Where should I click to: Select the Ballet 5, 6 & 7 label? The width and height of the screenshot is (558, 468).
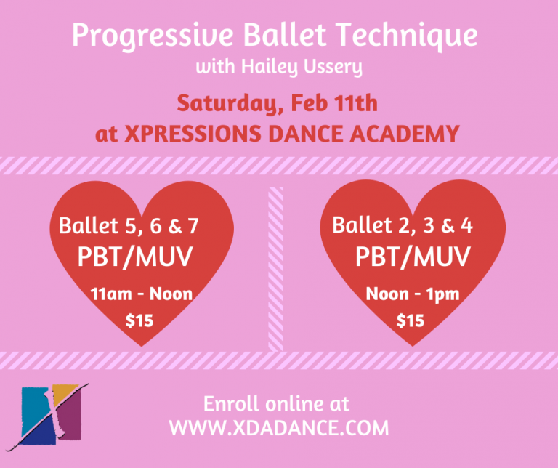coord(129,227)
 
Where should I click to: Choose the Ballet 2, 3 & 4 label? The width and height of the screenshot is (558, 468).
coord(403,225)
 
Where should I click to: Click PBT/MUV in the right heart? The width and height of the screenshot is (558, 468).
coord(413,257)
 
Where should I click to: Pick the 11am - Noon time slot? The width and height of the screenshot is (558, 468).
coord(142,294)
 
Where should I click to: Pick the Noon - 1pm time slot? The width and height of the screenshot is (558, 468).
coord(412,294)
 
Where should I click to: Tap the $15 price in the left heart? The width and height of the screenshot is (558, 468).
coord(139,320)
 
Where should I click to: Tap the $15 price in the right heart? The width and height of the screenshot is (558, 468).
coord(411,320)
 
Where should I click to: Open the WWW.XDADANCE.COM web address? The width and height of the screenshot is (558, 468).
coord(279,428)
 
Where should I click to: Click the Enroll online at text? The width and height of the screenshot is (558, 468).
coord(276,403)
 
